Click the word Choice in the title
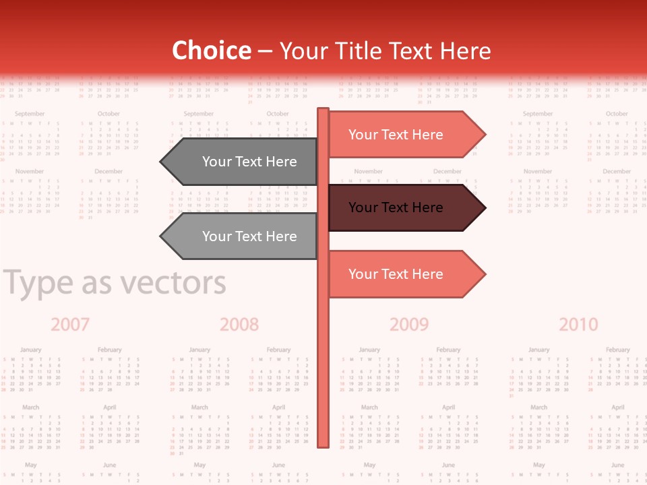(211, 51)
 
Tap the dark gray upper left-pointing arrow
(243, 162)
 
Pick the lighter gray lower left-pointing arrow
(243, 236)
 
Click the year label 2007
(70, 325)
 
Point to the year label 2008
(239, 325)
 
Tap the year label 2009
(409, 325)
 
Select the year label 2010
(578, 325)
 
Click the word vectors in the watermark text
(173, 284)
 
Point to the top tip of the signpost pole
(323, 110)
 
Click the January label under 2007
(30, 350)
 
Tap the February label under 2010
(617, 350)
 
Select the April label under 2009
(448, 408)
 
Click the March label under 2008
(199, 408)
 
